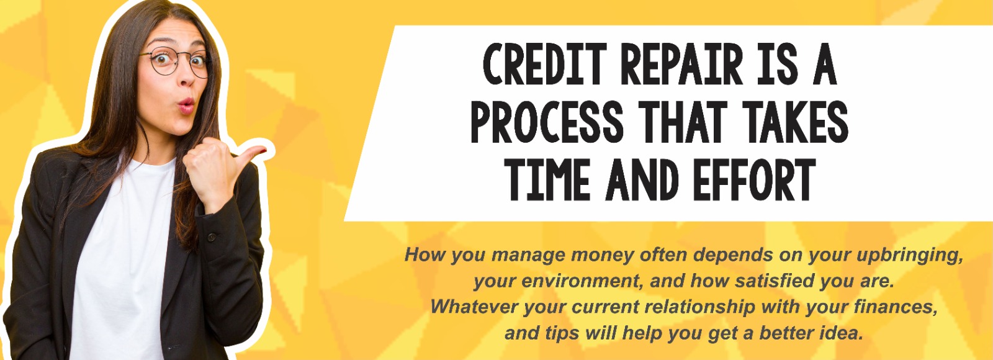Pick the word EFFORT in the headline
tap(754, 179)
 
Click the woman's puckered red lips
tap(186, 106)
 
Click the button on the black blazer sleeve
tap(212, 236)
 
